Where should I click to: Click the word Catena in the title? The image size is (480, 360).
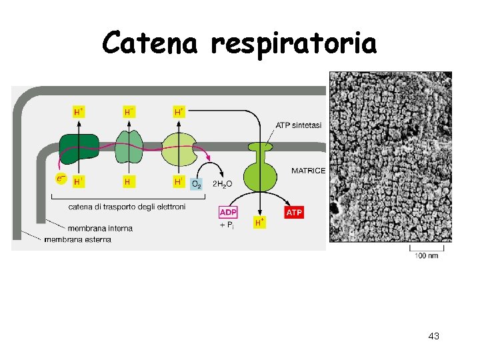(x=150, y=44)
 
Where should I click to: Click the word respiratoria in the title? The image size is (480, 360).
(x=293, y=44)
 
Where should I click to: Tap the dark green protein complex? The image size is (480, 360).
(x=79, y=147)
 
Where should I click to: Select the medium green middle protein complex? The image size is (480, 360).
(x=129, y=146)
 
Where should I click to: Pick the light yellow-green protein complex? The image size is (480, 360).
(x=177, y=147)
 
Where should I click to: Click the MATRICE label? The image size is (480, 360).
(x=308, y=171)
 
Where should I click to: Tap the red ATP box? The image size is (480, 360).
(x=294, y=212)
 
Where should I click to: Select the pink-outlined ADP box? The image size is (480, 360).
(x=228, y=212)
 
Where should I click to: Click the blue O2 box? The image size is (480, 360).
(x=197, y=183)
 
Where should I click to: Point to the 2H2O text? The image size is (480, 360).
(x=222, y=183)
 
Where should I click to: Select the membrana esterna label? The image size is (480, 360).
(x=77, y=239)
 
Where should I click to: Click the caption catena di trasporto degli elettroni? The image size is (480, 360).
(x=127, y=207)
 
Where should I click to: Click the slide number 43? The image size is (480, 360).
(x=433, y=336)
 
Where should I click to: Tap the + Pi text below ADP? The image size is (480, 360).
(x=227, y=225)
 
